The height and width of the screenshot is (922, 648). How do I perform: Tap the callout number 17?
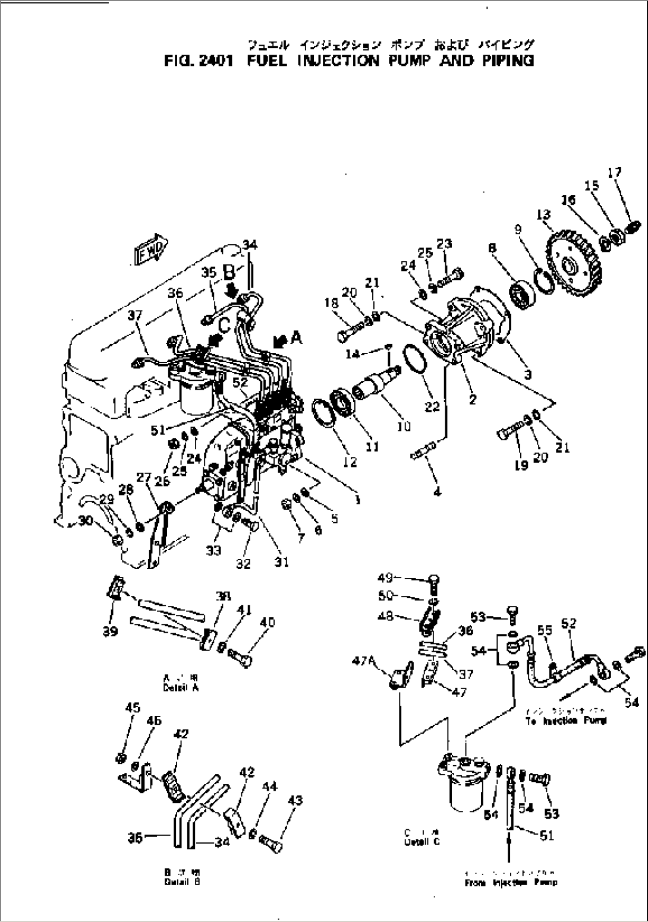614,173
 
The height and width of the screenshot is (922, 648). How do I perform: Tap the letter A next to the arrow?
295,338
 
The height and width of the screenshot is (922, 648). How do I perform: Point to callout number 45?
133,707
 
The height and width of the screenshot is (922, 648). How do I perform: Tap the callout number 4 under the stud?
437,492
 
